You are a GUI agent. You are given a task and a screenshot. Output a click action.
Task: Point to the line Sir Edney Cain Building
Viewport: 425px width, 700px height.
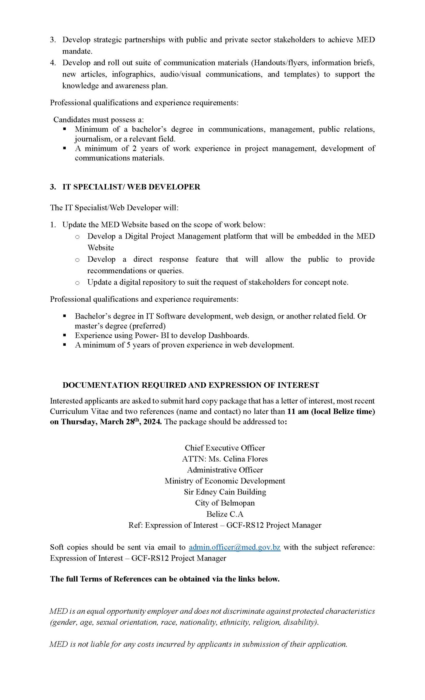click(x=225, y=492)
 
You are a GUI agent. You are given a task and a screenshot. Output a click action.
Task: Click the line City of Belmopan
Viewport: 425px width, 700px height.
click(x=225, y=503)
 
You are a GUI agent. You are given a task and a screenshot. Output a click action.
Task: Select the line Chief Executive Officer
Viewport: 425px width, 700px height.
click(x=225, y=448)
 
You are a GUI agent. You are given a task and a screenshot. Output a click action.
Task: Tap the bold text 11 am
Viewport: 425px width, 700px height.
click(x=298, y=411)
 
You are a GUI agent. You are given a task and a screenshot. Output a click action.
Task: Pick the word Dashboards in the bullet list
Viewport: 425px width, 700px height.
click(x=228, y=335)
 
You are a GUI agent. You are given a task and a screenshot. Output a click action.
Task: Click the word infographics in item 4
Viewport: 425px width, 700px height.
click(x=133, y=74)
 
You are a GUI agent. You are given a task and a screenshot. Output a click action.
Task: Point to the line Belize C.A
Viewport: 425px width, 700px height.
click(x=225, y=514)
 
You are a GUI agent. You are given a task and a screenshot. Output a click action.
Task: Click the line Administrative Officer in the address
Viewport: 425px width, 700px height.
click(x=225, y=469)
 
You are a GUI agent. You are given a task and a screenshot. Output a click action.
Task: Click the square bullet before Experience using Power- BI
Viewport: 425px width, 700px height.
click(x=65, y=335)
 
